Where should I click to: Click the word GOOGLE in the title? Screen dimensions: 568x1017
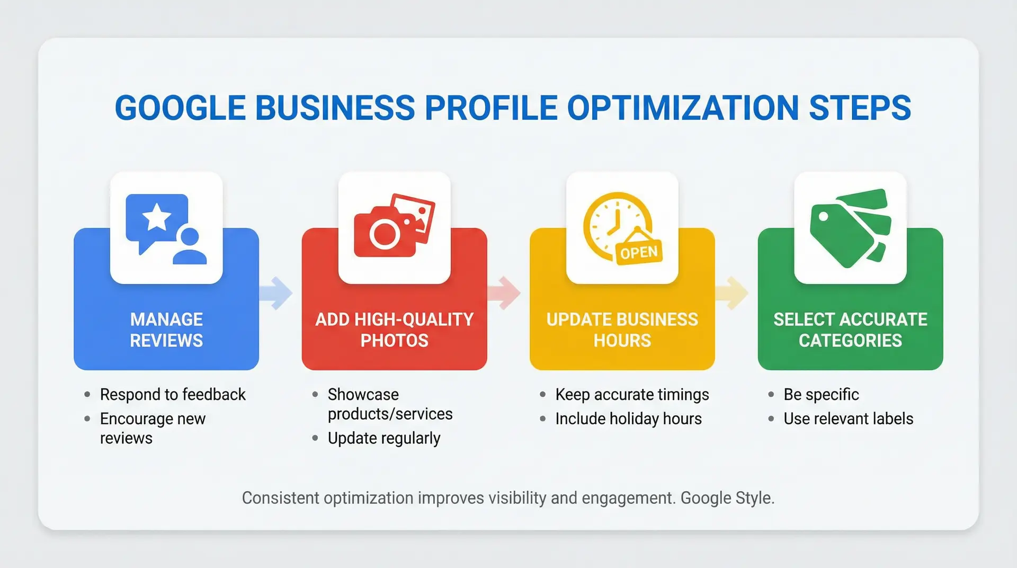180,108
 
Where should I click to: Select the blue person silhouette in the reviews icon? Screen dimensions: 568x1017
189,247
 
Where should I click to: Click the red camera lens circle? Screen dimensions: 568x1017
385,234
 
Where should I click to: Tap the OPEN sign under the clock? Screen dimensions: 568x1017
639,252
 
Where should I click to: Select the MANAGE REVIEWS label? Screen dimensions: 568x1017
166,330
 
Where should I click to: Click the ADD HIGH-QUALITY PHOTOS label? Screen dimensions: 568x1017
394,330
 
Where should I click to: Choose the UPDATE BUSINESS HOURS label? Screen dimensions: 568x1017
622,330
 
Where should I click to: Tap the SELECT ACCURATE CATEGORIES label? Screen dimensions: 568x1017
850,330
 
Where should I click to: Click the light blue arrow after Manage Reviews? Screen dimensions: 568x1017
277,292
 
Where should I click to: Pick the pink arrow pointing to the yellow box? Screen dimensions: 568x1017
505,292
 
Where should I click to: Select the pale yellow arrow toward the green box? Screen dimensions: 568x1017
733,292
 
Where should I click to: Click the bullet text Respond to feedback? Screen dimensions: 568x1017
173,395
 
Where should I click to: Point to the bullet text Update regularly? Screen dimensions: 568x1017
384,439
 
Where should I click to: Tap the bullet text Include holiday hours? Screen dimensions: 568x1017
628,419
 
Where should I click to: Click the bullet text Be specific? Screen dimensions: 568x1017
821,395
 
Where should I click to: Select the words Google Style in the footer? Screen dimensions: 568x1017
727,498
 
